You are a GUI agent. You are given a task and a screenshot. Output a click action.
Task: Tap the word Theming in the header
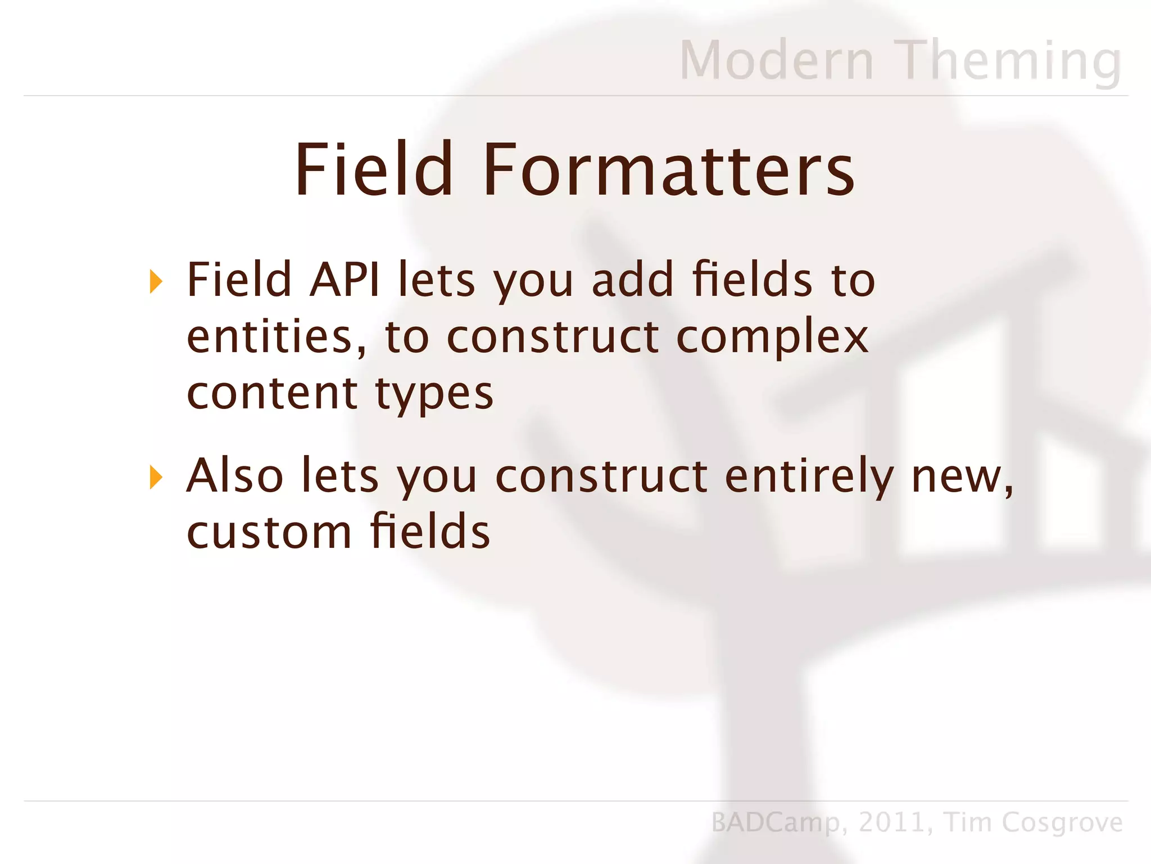pyautogui.click(x=1010, y=61)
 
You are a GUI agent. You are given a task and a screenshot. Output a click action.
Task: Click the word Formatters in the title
pyautogui.click(x=668, y=170)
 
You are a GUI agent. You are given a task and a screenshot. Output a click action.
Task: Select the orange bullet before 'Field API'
pyautogui.click(x=156, y=281)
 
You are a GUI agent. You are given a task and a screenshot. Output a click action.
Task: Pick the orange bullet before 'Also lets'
pyautogui.click(x=156, y=478)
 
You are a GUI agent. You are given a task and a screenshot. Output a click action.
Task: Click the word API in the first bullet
pyautogui.click(x=345, y=279)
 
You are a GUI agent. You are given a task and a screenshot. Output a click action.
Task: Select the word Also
pyautogui.click(x=235, y=476)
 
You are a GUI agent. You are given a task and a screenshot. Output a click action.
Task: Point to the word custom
pyautogui.click(x=269, y=532)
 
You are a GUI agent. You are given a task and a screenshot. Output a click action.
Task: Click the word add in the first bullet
pyautogui.click(x=632, y=279)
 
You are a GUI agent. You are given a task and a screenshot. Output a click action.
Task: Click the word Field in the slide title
pyautogui.click(x=374, y=170)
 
